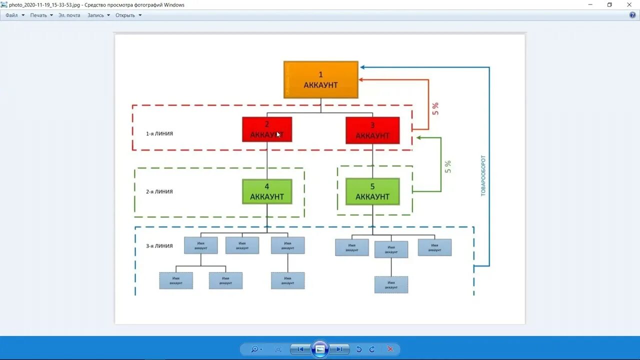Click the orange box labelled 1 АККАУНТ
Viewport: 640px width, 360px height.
coord(321,79)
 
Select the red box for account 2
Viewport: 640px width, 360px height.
coord(267,129)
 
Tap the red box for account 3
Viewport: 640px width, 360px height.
coord(372,130)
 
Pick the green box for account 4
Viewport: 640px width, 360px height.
coord(267,191)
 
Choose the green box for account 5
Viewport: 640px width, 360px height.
coord(372,191)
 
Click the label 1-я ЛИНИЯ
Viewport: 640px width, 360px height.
coord(159,134)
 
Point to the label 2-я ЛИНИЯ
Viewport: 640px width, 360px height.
coord(159,192)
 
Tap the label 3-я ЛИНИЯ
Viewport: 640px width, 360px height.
coord(159,246)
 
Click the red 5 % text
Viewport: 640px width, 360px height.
coord(435,109)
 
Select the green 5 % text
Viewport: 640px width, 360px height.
coord(448,166)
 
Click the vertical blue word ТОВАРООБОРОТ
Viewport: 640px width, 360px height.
coord(483,175)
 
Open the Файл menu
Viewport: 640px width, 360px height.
coord(11,15)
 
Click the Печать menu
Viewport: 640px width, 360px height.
coord(38,15)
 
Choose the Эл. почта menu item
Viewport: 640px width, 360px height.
coord(69,15)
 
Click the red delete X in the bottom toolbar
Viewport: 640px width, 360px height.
coord(390,349)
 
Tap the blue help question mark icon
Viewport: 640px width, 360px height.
coord(632,15)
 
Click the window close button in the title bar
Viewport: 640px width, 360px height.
coord(629,4)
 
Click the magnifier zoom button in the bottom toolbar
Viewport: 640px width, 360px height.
coord(255,349)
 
